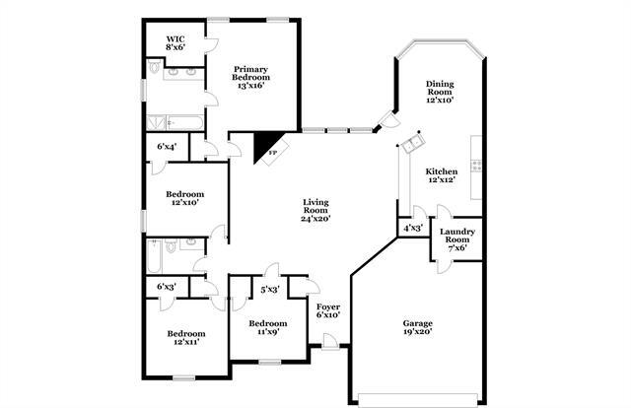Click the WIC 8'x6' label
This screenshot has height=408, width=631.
(175, 42)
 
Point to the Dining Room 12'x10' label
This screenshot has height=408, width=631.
(441, 92)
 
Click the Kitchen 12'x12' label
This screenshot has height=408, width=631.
(441, 174)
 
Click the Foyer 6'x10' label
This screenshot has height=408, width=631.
(328, 310)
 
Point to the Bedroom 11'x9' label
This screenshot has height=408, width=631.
(267, 328)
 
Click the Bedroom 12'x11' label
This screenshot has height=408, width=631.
(185, 339)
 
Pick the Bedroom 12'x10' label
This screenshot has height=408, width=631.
(185, 198)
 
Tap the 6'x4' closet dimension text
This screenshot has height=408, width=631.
(167, 147)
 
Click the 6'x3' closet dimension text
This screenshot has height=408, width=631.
(167, 287)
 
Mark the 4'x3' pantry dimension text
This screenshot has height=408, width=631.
(412, 229)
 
